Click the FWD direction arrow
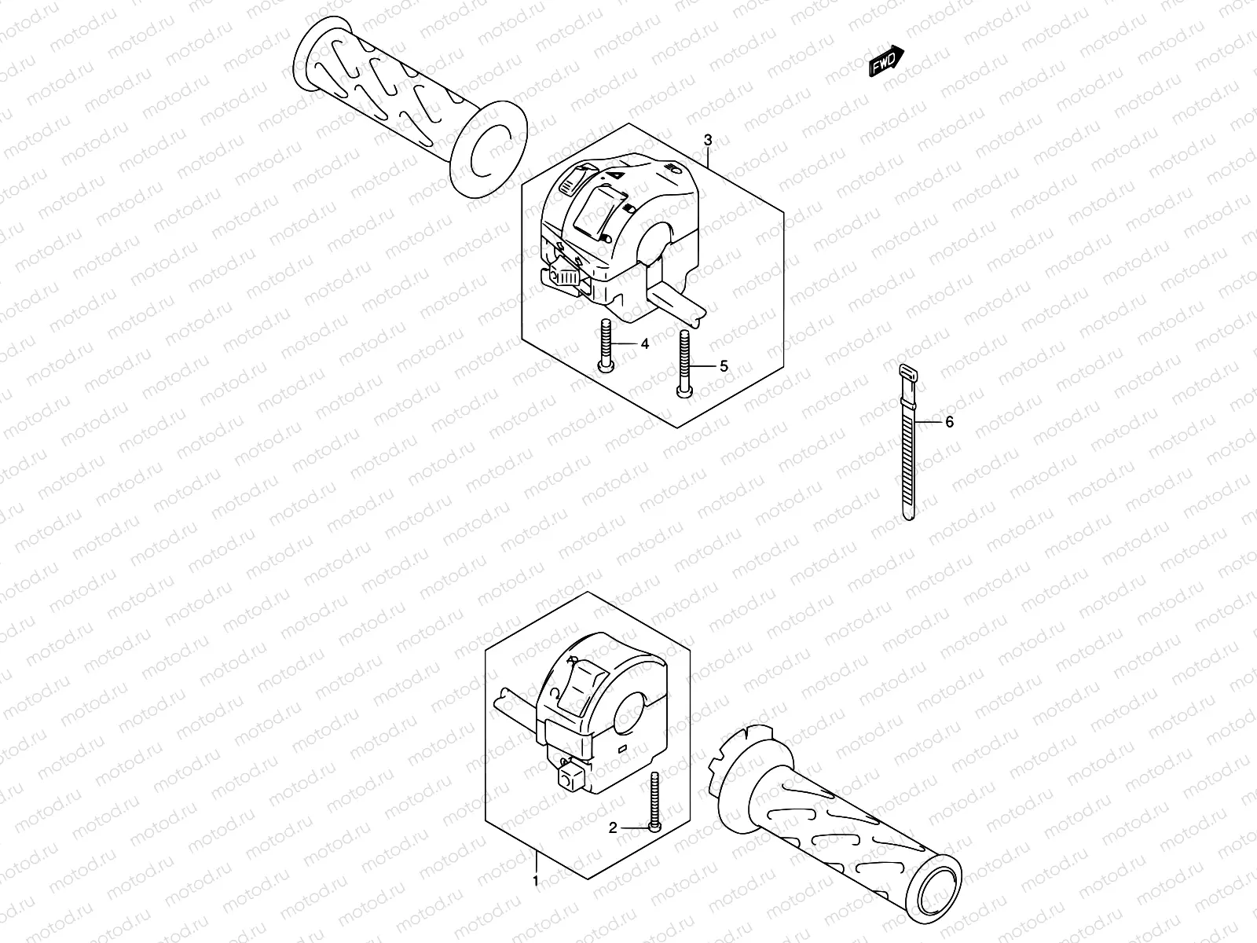click(886, 61)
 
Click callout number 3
click(708, 140)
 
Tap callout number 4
click(645, 343)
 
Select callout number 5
click(724, 366)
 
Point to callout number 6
click(950, 422)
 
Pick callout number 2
click(613, 827)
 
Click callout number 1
click(536, 881)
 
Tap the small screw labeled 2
click(654, 802)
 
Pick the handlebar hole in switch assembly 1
click(631, 714)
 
